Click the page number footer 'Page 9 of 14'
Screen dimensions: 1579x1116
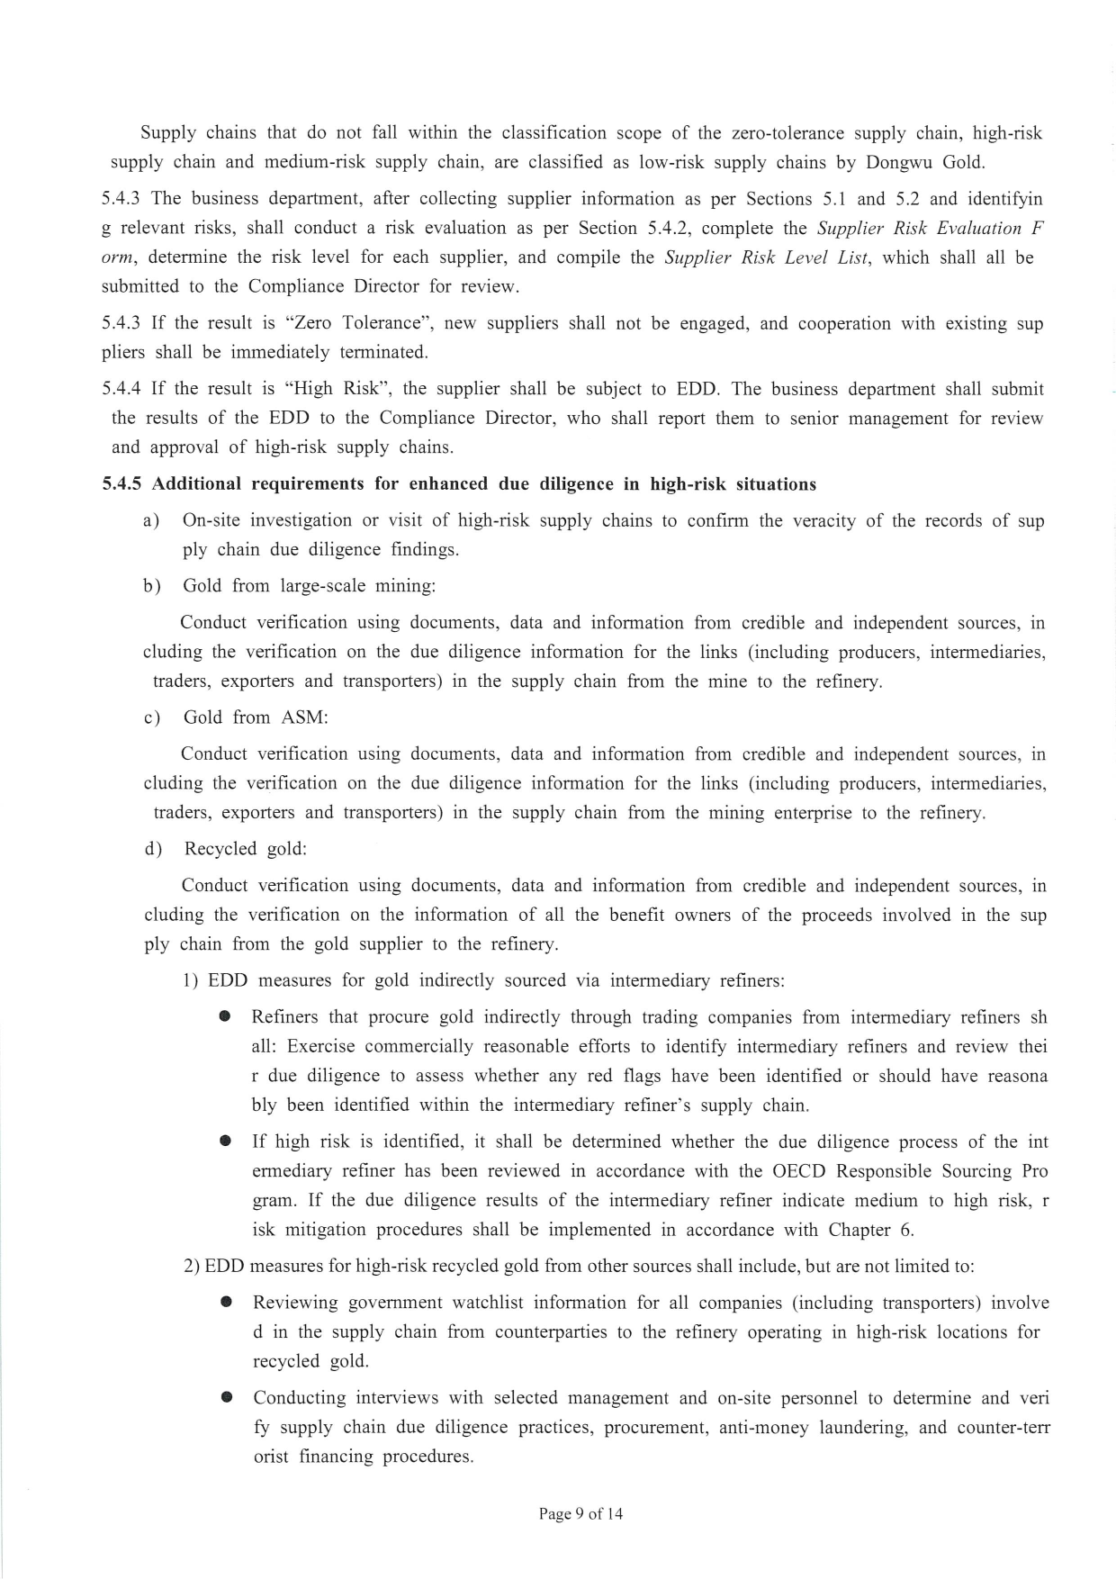580,1513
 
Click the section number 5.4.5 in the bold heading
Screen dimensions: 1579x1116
124,484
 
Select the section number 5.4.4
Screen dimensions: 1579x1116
122,389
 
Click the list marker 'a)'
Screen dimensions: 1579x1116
151,520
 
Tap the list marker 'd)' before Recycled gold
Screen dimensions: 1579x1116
153,849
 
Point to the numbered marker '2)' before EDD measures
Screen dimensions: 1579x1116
192,1267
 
